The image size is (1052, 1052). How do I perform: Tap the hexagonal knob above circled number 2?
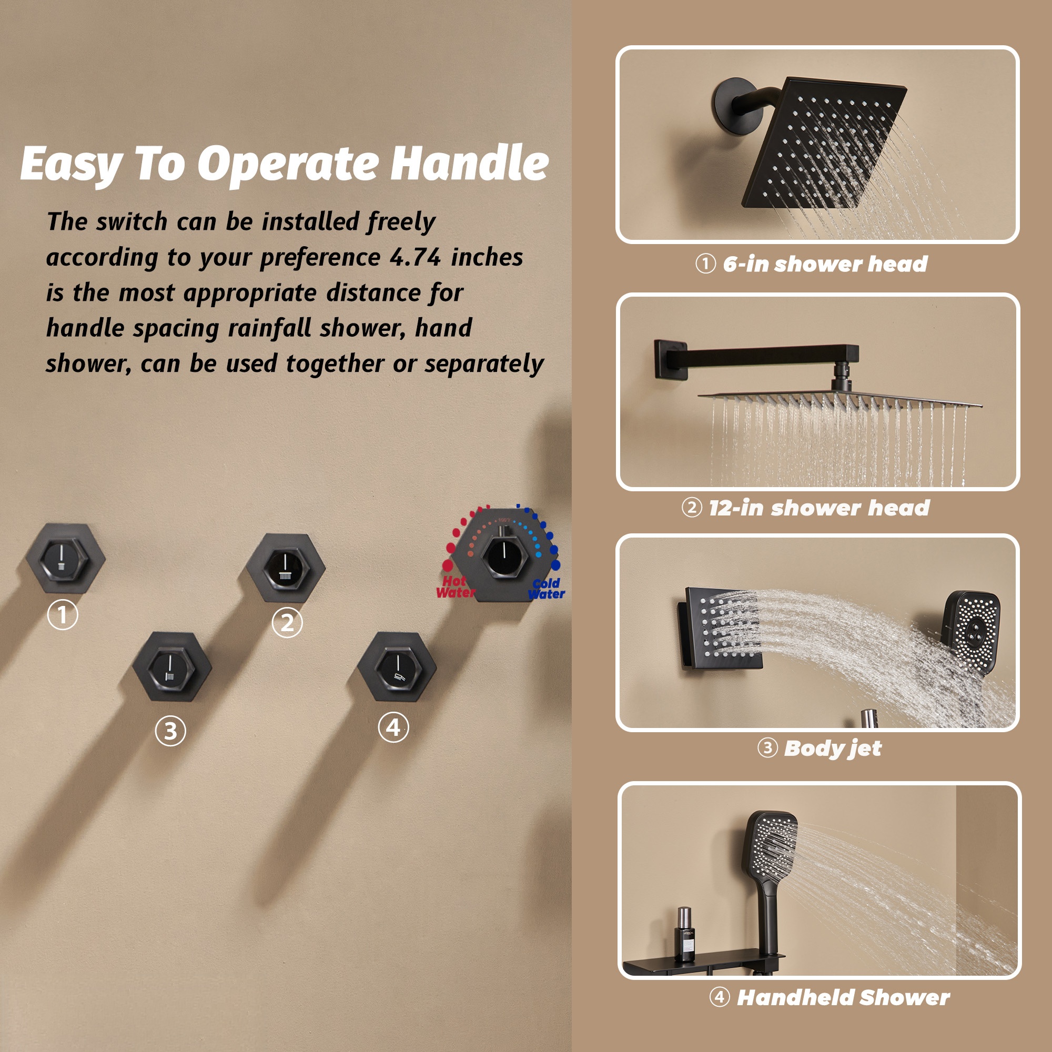(x=285, y=568)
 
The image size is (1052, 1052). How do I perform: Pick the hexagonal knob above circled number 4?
(x=397, y=667)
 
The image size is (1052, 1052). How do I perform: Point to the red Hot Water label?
(x=455, y=586)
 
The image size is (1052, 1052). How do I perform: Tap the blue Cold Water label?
(x=546, y=589)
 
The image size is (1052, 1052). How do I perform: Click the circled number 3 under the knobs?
(x=170, y=731)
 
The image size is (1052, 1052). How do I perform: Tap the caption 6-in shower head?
(x=824, y=264)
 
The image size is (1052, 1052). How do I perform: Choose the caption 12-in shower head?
(x=818, y=508)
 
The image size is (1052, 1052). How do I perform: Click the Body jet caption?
(x=832, y=748)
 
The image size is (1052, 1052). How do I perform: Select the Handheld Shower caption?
(x=843, y=997)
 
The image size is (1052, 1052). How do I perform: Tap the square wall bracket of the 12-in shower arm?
(x=669, y=358)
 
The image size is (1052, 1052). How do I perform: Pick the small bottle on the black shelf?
(x=684, y=934)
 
